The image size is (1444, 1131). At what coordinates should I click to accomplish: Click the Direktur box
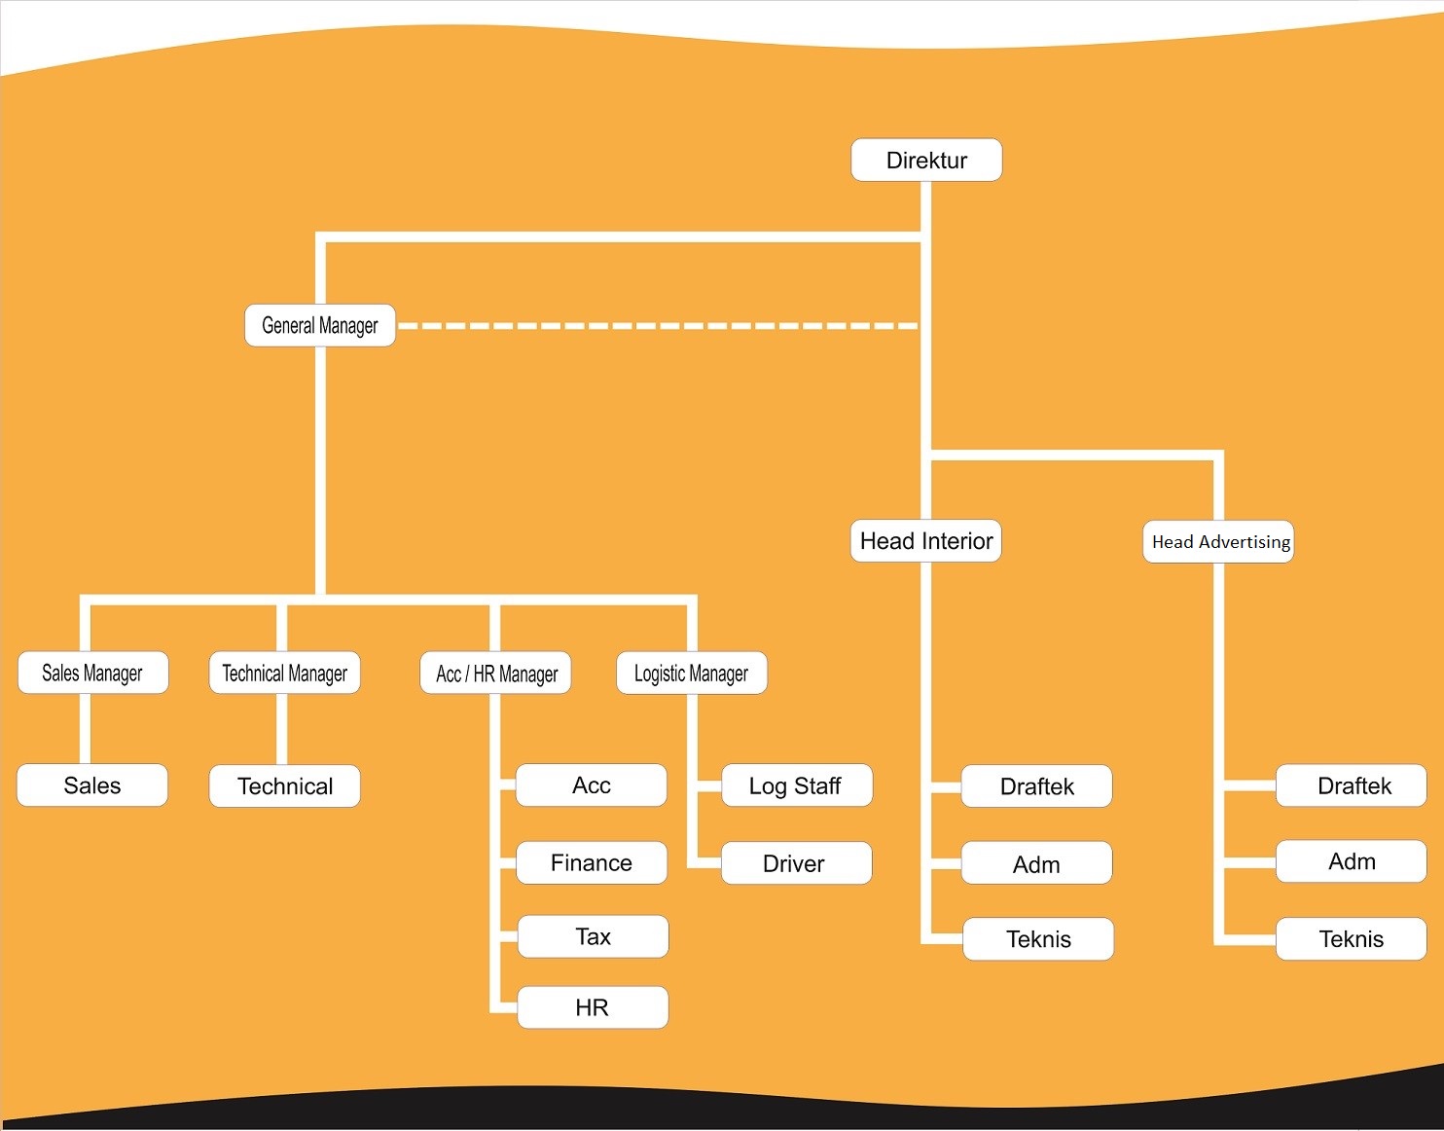click(926, 160)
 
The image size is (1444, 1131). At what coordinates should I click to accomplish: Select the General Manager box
click(320, 325)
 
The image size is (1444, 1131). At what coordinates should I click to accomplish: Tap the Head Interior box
click(926, 541)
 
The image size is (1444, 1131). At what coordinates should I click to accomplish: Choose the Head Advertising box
click(1218, 542)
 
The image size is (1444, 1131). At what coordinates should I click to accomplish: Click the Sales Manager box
click(92, 673)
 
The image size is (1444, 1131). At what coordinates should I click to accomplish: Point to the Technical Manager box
click(284, 673)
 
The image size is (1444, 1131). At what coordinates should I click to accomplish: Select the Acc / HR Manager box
click(496, 674)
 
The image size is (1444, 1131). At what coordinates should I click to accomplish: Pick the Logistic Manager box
click(691, 673)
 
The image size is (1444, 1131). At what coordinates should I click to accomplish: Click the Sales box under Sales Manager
click(92, 785)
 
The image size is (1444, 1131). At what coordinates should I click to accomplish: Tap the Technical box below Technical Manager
click(284, 786)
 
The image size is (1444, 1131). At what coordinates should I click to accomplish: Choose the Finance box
click(592, 862)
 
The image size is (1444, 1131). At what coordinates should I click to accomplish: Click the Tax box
click(593, 936)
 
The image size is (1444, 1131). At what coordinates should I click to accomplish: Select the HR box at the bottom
click(593, 1007)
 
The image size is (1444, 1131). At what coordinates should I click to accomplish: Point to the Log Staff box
click(796, 785)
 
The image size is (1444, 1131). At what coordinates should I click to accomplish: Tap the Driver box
click(795, 863)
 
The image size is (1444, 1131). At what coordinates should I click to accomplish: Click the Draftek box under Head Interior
click(1036, 786)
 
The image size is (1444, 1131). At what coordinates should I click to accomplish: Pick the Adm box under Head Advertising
click(1352, 861)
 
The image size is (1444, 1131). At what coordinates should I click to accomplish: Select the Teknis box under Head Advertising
click(1352, 939)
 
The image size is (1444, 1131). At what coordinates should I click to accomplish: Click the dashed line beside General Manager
click(657, 326)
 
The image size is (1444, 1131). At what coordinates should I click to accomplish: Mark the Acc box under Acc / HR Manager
click(592, 785)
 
